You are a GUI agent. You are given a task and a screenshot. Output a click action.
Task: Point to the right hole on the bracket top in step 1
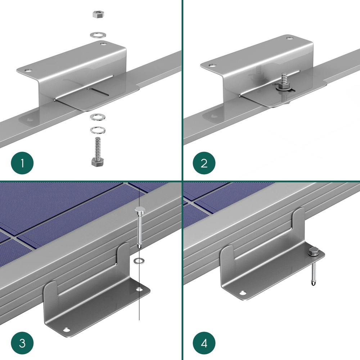click(103, 44)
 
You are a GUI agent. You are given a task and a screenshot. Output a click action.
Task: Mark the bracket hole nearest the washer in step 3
click(139, 289)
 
